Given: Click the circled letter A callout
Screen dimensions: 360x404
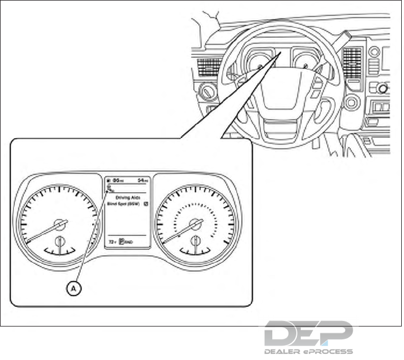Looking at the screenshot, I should click(x=73, y=288).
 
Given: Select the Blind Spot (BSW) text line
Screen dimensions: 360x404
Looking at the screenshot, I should click(x=122, y=204).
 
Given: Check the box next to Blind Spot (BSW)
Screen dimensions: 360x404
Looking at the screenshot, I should click(x=146, y=204).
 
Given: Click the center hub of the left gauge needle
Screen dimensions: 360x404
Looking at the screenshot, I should click(x=59, y=225).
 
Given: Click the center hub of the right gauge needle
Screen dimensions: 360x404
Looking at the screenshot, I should click(x=195, y=224).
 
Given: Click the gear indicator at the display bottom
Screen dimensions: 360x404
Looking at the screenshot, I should click(x=122, y=242).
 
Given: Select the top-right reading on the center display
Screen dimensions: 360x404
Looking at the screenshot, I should click(x=143, y=181).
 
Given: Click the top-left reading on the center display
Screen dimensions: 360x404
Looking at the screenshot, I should click(x=117, y=181).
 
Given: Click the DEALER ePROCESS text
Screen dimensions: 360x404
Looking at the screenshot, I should click(x=308, y=351).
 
